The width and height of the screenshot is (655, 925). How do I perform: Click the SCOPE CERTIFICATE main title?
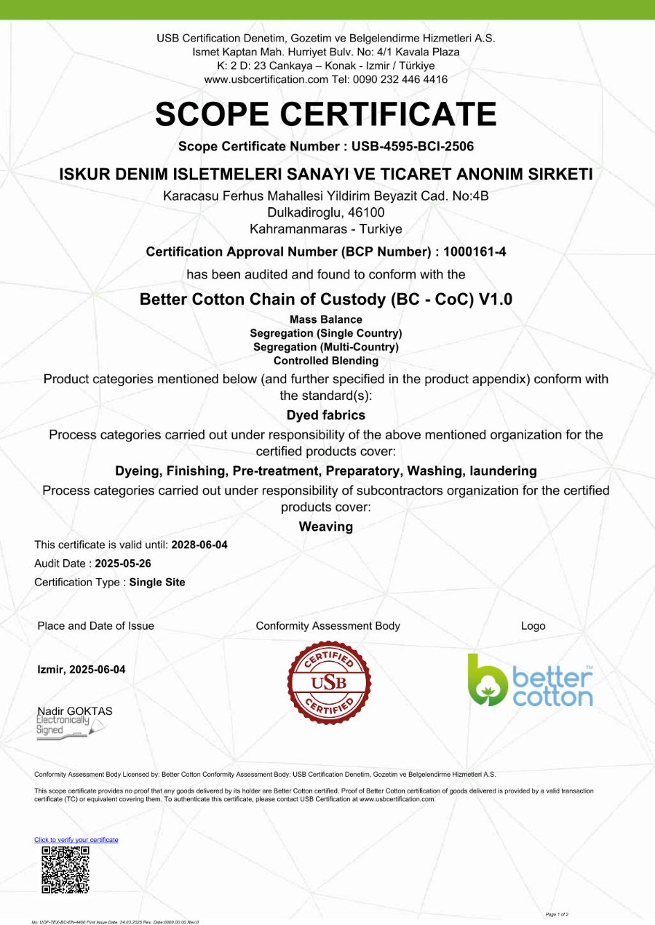tap(326, 114)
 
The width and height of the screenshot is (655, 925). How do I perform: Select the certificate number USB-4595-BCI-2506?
tap(413, 146)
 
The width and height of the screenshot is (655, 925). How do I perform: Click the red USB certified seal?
tap(329, 683)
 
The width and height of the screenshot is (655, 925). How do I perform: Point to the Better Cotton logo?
tap(530, 681)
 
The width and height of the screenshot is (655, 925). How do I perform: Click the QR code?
tap(65, 869)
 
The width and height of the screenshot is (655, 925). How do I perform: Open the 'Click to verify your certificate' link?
tap(76, 840)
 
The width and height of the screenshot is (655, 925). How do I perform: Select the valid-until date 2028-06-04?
tap(199, 545)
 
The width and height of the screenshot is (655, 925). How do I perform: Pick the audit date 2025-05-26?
tap(123, 564)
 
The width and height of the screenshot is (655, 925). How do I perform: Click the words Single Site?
tap(157, 582)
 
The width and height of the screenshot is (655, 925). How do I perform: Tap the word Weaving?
tap(326, 526)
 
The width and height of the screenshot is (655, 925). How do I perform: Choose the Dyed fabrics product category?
tap(326, 415)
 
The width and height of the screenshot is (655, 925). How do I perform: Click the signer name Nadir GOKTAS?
tap(75, 711)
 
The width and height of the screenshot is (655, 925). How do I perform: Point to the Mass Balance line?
tap(326, 319)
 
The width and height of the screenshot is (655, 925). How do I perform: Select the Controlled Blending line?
tap(326, 361)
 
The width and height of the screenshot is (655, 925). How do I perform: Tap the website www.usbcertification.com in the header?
tap(266, 79)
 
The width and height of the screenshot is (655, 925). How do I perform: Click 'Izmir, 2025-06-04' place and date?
tap(82, 670)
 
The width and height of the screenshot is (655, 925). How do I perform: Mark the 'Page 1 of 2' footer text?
tap(557, 913)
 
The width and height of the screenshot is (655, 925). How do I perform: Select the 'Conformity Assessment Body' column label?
tap(327, 626)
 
